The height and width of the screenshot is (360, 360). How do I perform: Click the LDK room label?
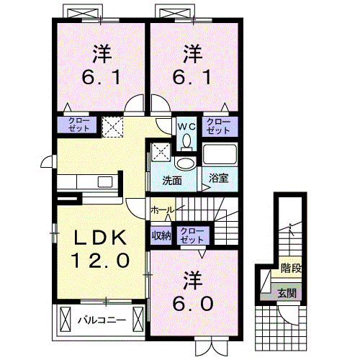click(100, 238)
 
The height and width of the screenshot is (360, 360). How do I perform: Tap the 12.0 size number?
click(100, 258)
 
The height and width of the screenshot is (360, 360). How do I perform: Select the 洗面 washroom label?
click(171, 180)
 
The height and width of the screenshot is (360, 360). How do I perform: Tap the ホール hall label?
click(161, 210)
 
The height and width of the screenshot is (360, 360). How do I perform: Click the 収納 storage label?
click(161, 234)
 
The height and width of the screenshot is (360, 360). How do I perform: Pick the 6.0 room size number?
click(192, 302)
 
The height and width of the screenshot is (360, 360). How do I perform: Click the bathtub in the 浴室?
click(219, 154)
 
